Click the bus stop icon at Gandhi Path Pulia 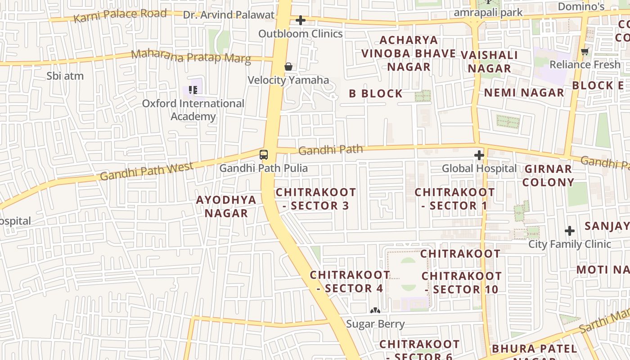point(264,155)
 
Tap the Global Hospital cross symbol point(479,156)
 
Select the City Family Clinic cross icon point(570,231)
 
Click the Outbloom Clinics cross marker point(301,20)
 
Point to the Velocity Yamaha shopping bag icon point(288,67)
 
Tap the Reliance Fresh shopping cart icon point(585,52)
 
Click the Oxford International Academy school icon point(193,90)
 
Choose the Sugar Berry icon point(375,310)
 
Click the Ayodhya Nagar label point(226,207)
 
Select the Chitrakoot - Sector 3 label point(316,199)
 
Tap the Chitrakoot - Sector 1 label point(454,199)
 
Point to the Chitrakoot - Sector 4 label point(350,281)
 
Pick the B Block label point(376,94)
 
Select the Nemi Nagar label point(524,93)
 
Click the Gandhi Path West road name point(147,171)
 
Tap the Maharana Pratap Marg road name point(191,57)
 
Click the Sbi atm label point(65,76)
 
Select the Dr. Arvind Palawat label point(229,15)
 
